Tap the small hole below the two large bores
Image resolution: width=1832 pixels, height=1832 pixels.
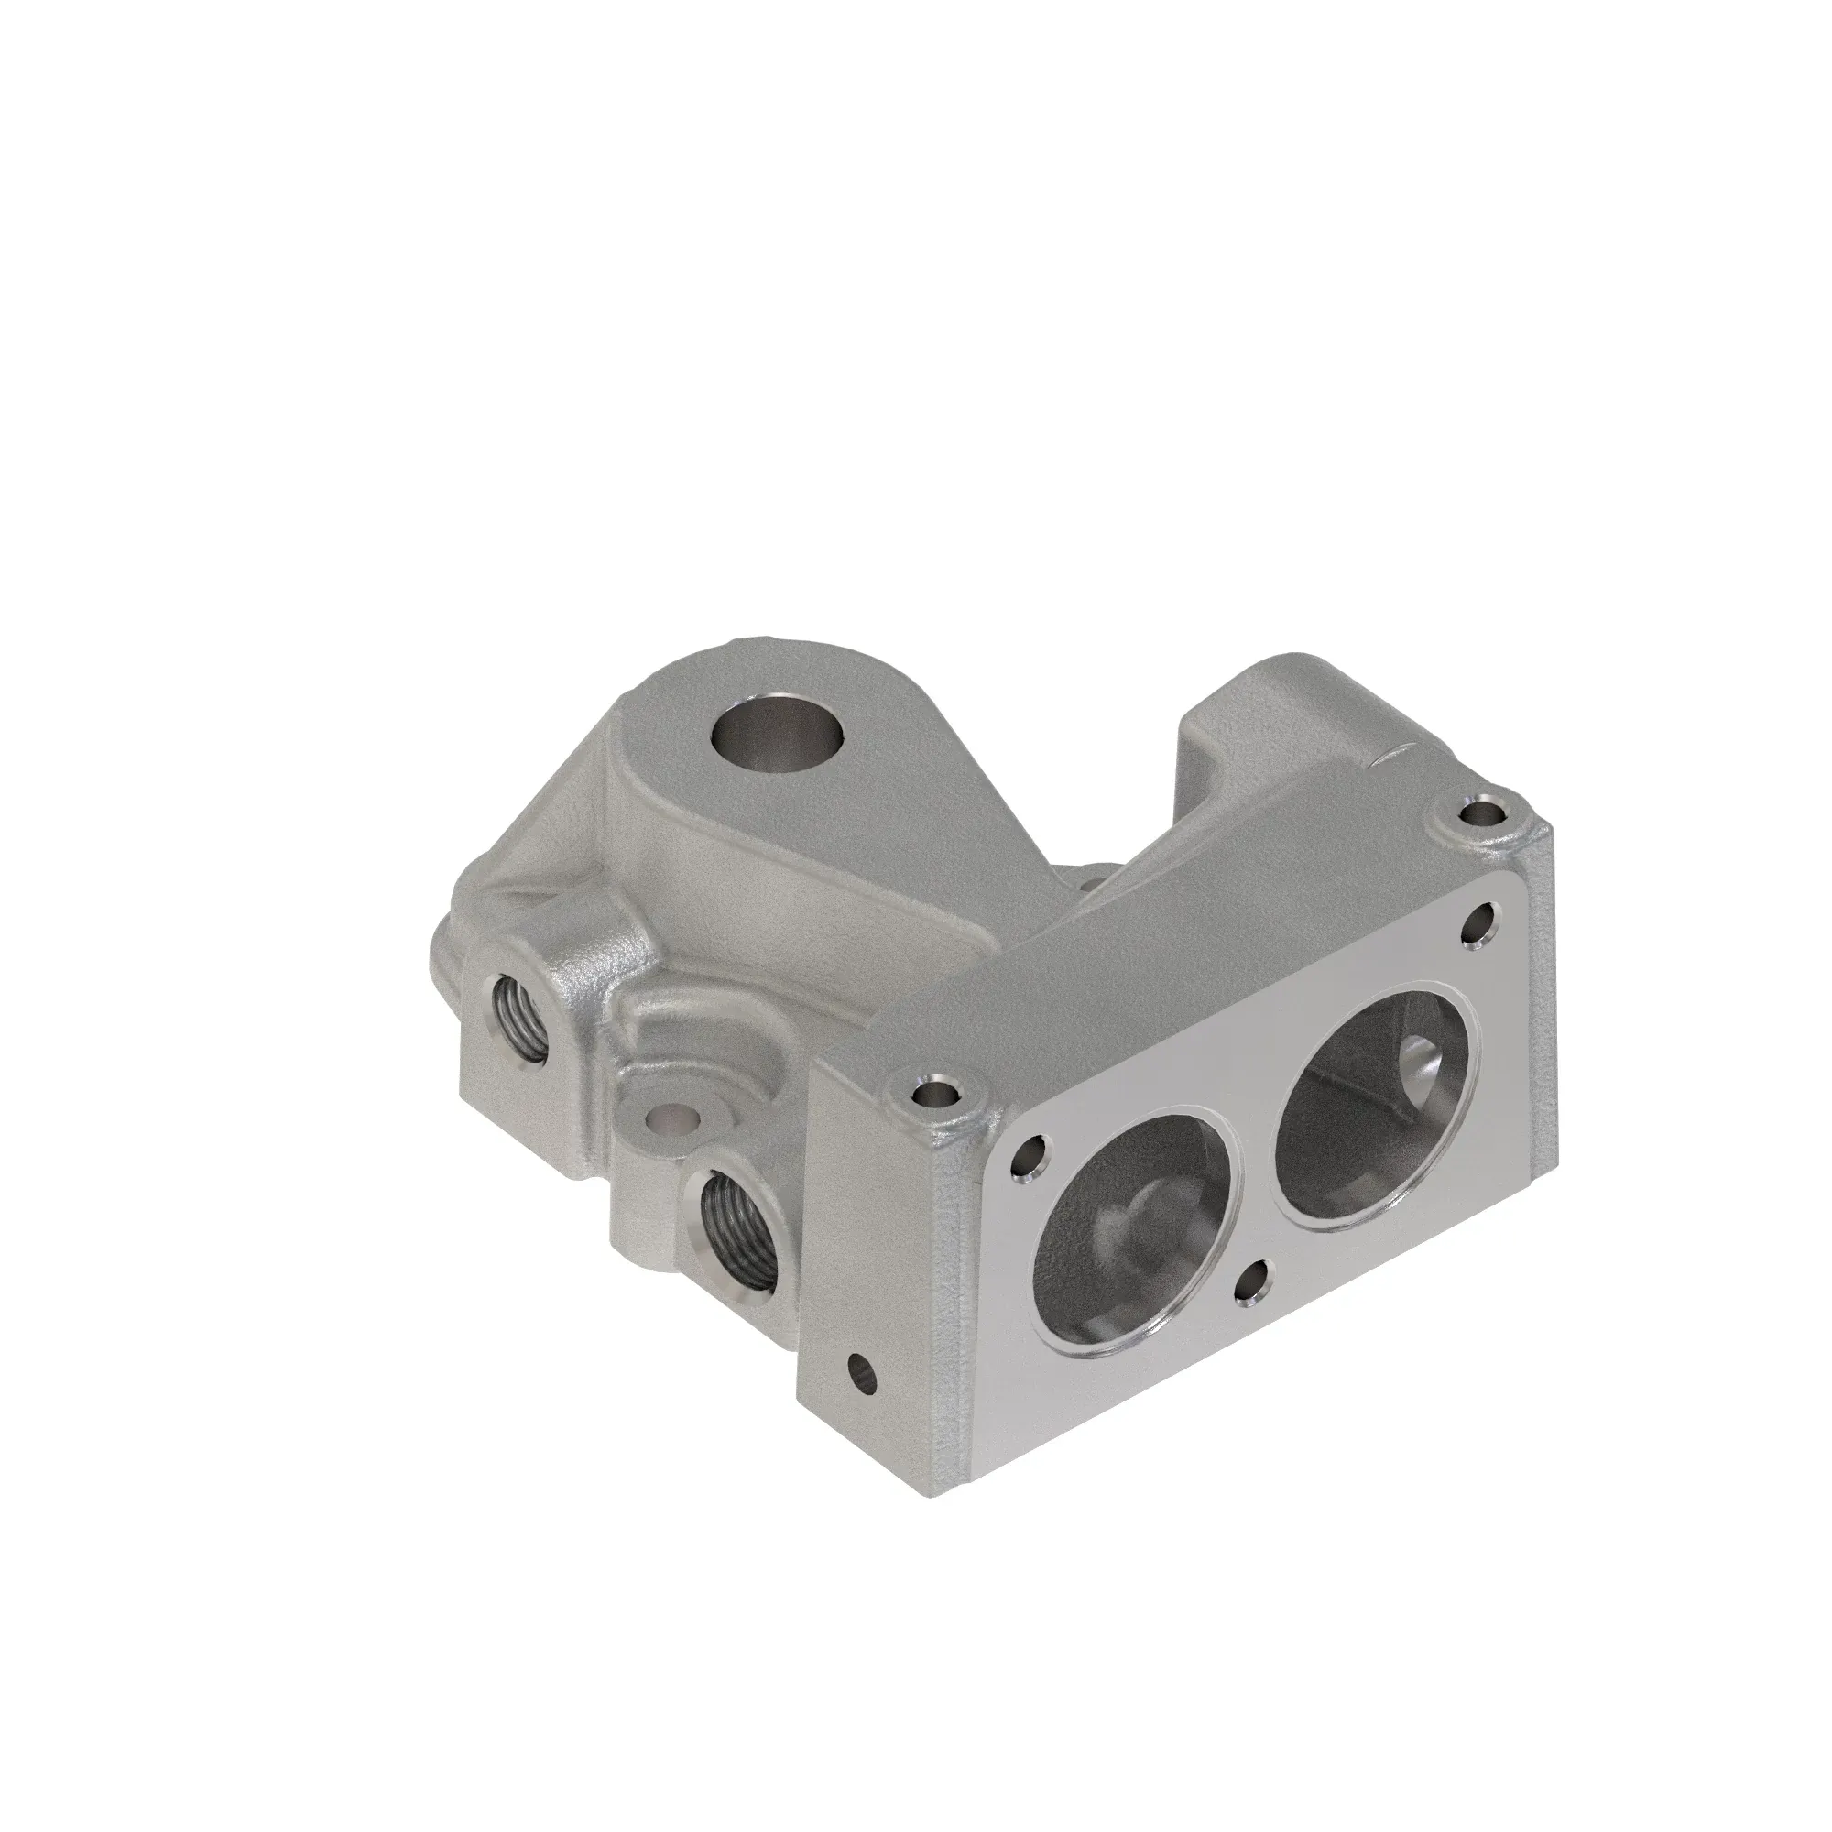[1259, 1288]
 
